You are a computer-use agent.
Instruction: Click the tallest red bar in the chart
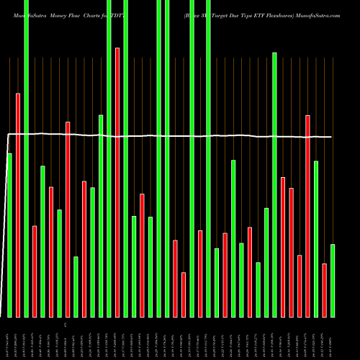click(x=117, y=180)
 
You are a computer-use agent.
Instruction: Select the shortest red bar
click(x=184, y=294)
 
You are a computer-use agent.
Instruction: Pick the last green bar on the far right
click(x=333, y=281)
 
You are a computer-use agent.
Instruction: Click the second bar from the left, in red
click(x=18, y=205)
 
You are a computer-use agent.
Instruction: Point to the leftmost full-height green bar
click(x=26, y=158)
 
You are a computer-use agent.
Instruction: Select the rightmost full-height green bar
click(x=208, y=158)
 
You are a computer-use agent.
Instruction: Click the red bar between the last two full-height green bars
click(x=200, y=274)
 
